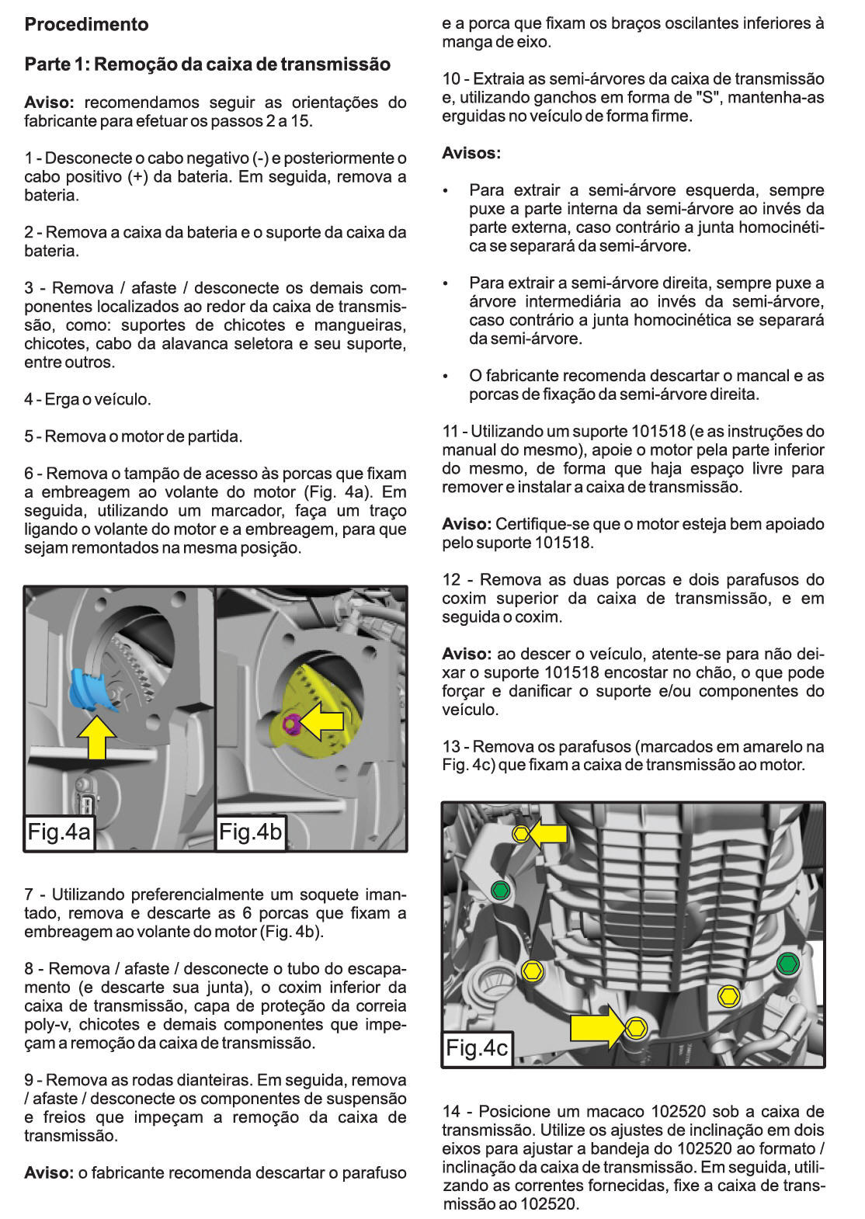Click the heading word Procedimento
[86, 24]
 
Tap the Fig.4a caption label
[59, 832]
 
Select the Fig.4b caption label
[250, 832]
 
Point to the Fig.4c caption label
[477, 1047]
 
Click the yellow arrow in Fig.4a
[97, 738]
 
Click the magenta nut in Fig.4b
[291, 724]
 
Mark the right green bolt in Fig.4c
[787, 964]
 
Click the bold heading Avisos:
[471, 153]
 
